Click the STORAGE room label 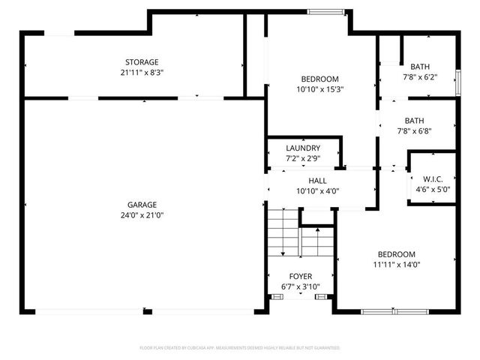pyautogui.click(x=142, y=61)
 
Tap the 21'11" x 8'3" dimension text pyautogui.click(x=142, y=73)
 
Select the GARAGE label pyautogui.click(x=142, y=204)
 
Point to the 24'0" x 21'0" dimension pyautogui.click(x=142, y=215)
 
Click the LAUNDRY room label pyautogui.click(x=303, y=148)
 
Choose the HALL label pyautogui.click(x=318, y=181)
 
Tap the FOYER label pyautogui.click(x=301, y=277)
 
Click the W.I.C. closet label pyautogui.click(x=433, y=178)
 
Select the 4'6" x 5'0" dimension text pyautogui.click(x=433, y=190)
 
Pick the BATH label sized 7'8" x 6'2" pyautogui.click(x=420, y=67)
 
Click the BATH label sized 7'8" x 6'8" pyautogui.click(x=414, y=120)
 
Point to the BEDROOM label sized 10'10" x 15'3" pyautogui.click(x=320, y=79)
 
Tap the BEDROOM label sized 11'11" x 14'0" pyautogui.click(x=396, y=253)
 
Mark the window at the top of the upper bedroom pyautogui.click(x=327, y=11)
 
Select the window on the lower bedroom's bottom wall pyautogui.click(x=394, y=310)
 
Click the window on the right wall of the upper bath pyautogui.click(x=458, y=82)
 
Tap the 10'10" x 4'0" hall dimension pyautogui.click(x=318, y=191)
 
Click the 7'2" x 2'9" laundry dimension pyautogui.click(x=303, y=158)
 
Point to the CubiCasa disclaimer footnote pyautogui.click(x=240, y=348)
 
